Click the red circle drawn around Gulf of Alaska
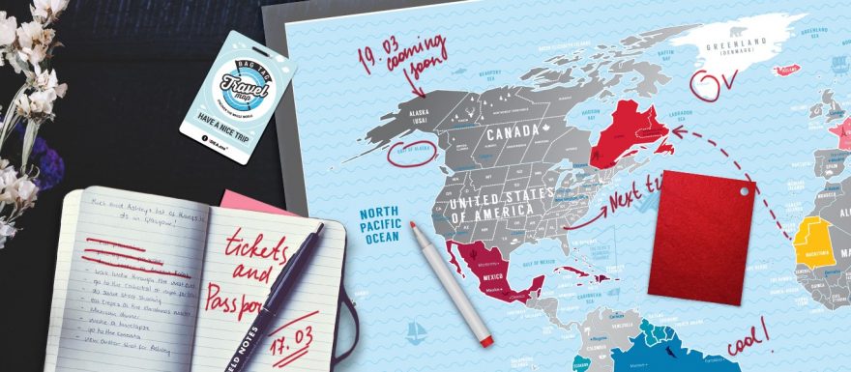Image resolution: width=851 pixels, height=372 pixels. [x=411, y=151]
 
